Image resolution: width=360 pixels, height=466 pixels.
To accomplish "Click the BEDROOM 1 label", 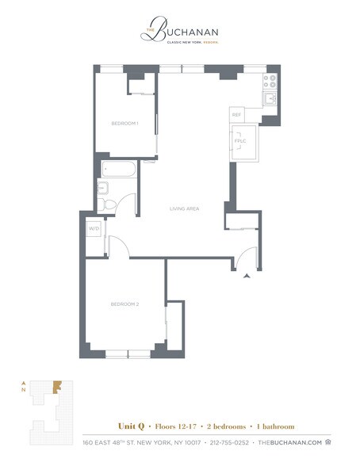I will click(124, 124).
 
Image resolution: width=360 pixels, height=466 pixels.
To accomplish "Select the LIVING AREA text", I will click(184, 208).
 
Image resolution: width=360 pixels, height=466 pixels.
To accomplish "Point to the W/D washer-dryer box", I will click(94, 229).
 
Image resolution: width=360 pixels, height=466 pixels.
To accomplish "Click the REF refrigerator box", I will click(236, 115).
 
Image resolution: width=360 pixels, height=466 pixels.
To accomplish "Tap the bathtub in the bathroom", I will click(118, 169).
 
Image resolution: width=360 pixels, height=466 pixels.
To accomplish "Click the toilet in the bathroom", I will click(110, 204).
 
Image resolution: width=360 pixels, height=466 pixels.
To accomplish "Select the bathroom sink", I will click(102, 188).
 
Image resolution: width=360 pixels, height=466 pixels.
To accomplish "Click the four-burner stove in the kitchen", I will click(270, 80).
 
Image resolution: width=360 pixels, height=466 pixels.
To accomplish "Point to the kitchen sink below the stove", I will click(270, 98).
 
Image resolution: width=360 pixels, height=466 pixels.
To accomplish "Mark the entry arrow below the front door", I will click(247, 275).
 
